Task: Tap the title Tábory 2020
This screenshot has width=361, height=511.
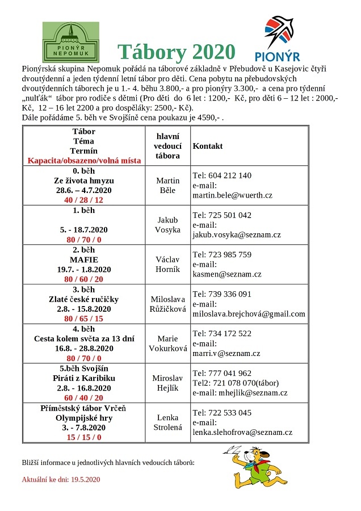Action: tap(176, 52)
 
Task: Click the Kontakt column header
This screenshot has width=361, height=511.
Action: tap(208, 146)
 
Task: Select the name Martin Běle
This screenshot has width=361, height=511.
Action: tap(167, 185)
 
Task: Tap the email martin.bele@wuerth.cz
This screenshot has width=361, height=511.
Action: tap(233, 195)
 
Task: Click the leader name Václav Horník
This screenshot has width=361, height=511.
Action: tap(167, 265)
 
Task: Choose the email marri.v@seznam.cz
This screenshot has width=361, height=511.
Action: tap(226, 353)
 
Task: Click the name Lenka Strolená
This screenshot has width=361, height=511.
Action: tap(167, 422)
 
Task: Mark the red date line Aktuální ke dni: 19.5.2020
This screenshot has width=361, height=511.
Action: tap(61, 479)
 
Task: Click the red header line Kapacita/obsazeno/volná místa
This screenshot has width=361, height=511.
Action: tap(84, 161)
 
